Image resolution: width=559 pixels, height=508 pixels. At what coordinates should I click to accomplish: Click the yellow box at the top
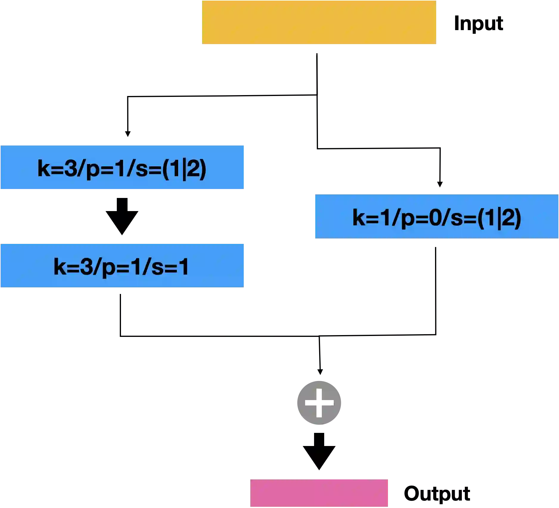tap(318, 22)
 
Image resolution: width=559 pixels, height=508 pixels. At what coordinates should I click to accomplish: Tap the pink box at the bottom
tap(319, 493)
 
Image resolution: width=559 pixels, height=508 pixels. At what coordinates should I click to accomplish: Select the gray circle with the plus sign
tap(319, 403)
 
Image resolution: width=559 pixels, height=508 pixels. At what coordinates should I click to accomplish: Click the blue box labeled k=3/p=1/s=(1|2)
tap(122, 168)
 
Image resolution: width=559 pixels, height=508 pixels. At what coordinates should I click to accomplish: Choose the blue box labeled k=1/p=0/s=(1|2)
tap(437, 216)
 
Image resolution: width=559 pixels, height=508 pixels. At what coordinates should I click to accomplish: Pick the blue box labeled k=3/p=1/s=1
tap(122, 266)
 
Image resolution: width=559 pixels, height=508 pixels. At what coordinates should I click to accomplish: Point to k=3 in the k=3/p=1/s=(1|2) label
tap(57, 168)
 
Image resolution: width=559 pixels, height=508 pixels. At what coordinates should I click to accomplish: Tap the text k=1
tap(371, 218)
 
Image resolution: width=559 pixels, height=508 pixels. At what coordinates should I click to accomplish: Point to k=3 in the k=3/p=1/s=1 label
tap(73, 267)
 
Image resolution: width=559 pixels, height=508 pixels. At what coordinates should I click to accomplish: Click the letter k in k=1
tap(359, 218)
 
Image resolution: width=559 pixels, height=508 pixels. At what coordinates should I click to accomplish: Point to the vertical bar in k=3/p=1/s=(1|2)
tap(184, 169)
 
